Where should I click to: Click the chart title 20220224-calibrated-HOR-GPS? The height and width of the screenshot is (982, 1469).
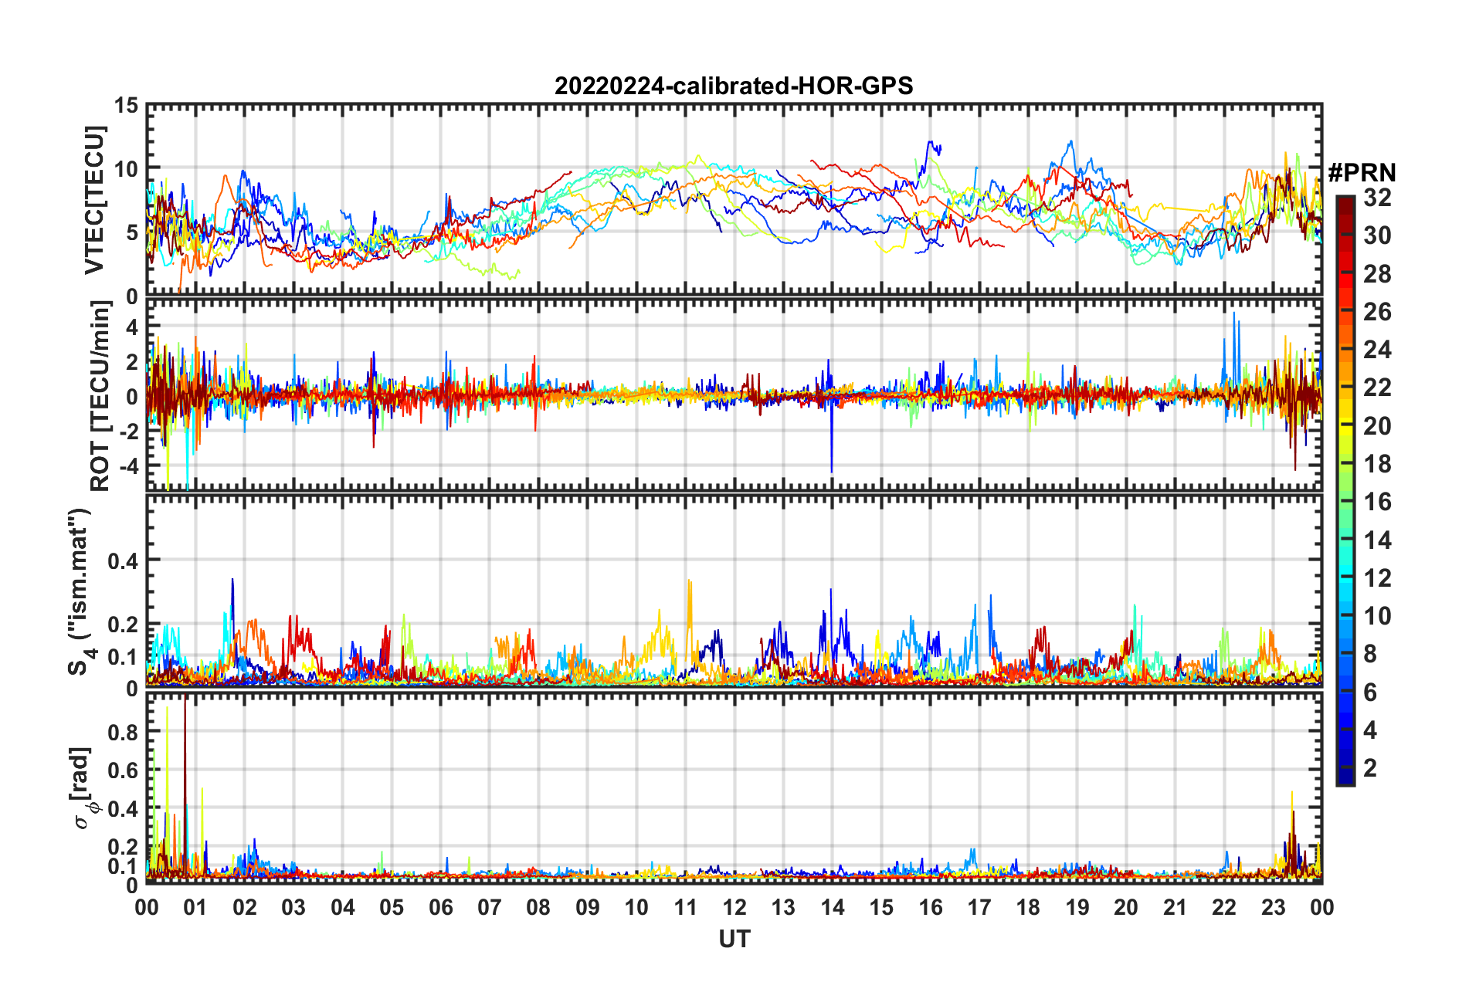pos(734,86)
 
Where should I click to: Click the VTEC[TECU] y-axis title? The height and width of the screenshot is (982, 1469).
pos(94,201)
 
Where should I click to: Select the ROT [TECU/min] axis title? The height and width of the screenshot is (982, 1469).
pos(100,395)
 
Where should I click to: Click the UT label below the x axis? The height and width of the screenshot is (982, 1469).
pos(734,940)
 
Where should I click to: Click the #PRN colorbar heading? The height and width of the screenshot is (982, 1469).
pos(1362,173)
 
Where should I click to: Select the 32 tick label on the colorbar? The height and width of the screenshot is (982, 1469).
pos(1377,198)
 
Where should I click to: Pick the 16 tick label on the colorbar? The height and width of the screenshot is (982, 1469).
pos(1377,502)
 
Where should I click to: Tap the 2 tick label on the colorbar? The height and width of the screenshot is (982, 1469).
pos(1371,767)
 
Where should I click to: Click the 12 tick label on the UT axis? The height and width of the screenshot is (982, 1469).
pos(734,907)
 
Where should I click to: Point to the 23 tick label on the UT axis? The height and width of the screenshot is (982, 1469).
pos(1273,907)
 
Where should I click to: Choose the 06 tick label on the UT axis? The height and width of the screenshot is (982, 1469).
pos(440,907)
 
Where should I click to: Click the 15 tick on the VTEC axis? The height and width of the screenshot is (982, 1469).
pos(127,105)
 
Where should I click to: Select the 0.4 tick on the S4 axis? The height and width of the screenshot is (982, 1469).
pos(124,560)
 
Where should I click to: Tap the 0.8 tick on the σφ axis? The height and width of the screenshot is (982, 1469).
pos(124,732)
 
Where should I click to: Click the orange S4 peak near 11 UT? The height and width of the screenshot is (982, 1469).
pos(689,584)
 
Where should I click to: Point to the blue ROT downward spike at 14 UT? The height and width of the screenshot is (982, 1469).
pos(831,468)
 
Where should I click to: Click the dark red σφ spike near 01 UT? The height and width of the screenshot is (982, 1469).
pos(185,703)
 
